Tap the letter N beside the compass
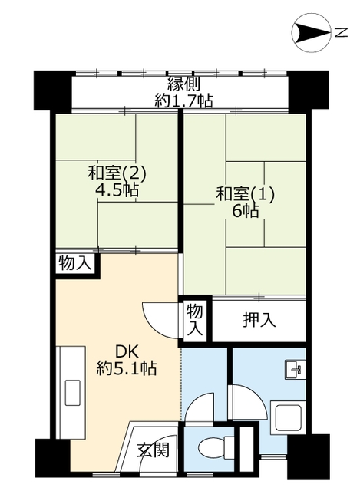341,32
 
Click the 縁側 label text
183,84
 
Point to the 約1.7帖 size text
183,101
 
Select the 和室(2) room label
117,173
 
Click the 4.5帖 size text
117,189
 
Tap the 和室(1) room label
245,194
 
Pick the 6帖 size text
246,211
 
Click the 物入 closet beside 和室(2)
75,263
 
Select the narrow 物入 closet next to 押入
195,320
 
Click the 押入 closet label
259,320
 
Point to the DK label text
127,352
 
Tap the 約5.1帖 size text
127,368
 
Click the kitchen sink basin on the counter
72,393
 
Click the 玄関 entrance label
153,450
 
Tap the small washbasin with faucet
295,370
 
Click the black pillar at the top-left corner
53,91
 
